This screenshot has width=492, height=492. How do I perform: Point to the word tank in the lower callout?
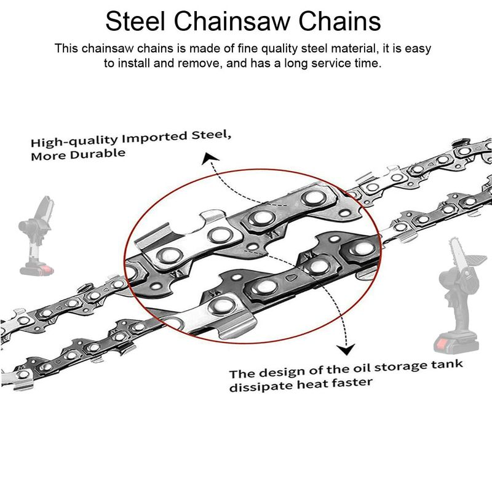(445, 365)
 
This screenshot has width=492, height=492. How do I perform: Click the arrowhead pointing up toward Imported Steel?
(210, 162)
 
